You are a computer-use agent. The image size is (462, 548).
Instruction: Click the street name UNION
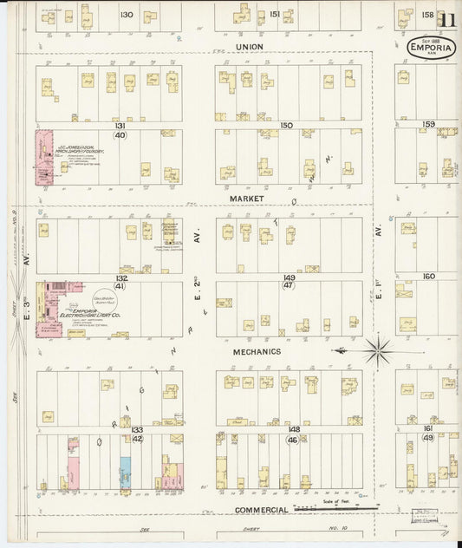pos(248,46)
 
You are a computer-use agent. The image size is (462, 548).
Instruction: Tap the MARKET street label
pos(247,199)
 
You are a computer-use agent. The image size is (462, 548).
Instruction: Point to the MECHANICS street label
pos(257,352)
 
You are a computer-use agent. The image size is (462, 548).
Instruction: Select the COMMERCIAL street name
pos(261,510)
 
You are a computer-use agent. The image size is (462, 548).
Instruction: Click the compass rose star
pos(377,351)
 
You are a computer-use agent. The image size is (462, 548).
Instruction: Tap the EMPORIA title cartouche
pos(430,48)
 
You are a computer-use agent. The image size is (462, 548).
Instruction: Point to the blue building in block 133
pos(126,471)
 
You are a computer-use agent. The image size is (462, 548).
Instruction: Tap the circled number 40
pos(120,135)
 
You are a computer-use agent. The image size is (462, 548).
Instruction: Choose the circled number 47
pos(289,285)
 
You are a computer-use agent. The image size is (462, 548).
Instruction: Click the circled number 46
pos(293,440)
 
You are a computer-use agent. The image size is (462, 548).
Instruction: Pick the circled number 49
pos(428,438)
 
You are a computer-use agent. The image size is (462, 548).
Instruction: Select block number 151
pos(275,14)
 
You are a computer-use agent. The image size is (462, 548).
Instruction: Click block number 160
pos(428,277)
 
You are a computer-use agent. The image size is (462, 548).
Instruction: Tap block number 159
pos(428,124)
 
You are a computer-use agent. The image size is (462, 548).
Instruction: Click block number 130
pos(127,14)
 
